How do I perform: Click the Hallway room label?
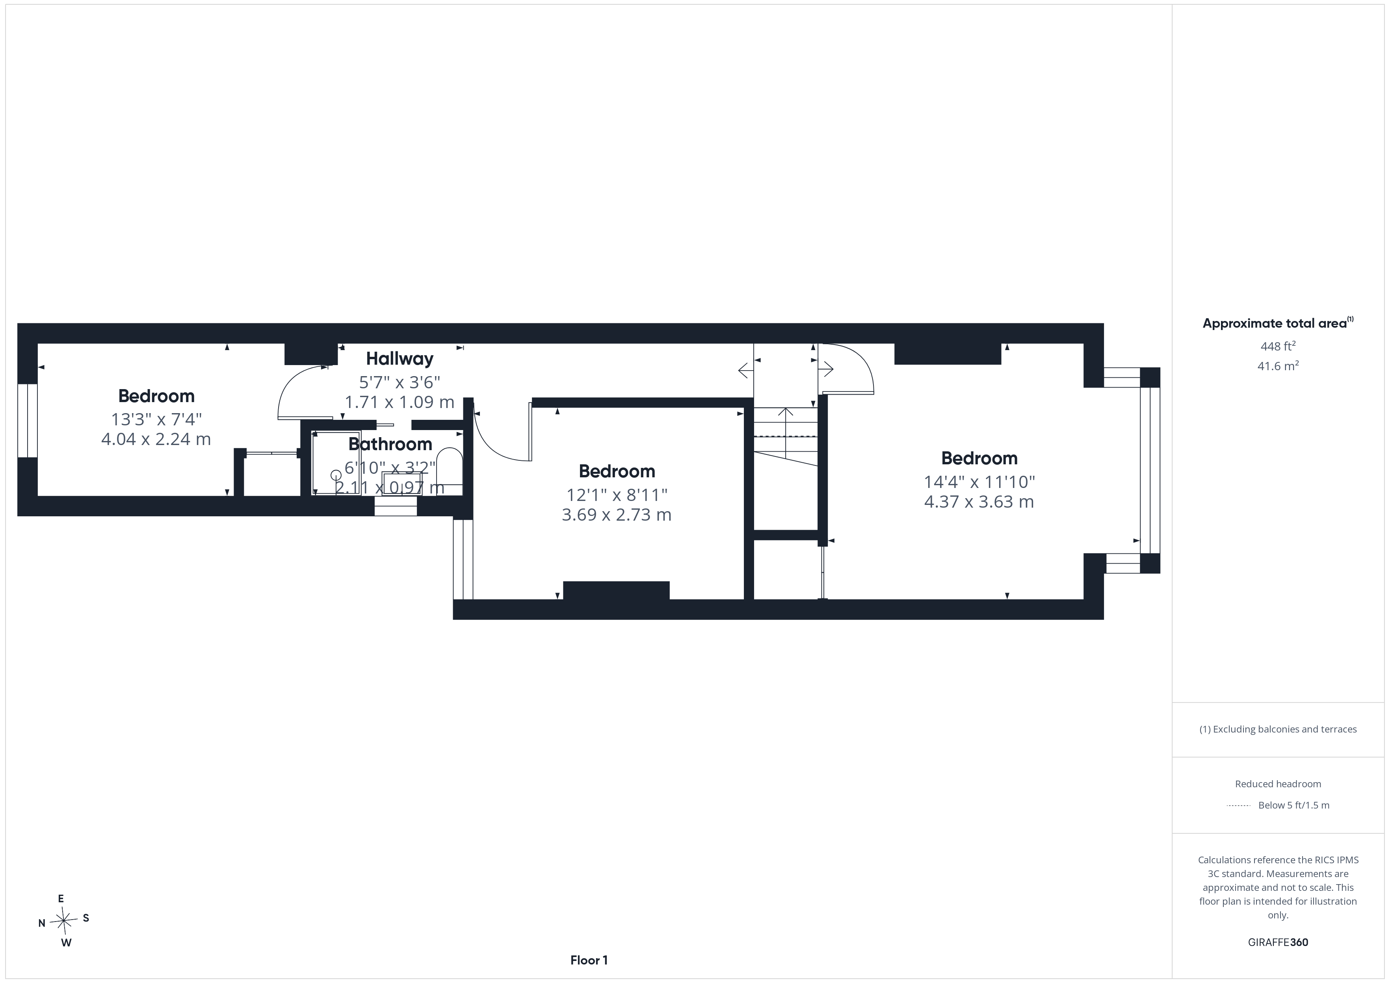400,359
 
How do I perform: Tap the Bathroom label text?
390,444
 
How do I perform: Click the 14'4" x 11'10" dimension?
979,482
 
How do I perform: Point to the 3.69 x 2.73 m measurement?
616,514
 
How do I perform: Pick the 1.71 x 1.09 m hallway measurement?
400,402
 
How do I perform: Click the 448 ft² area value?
1278,346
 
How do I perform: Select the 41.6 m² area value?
1278,365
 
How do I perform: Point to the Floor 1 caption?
589,960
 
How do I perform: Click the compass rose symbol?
63,921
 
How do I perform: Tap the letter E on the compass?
61,899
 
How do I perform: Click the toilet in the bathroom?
450,471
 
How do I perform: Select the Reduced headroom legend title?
1278,784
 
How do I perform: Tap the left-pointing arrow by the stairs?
746,369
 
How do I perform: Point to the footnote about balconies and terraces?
1278,729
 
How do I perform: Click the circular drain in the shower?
336,476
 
